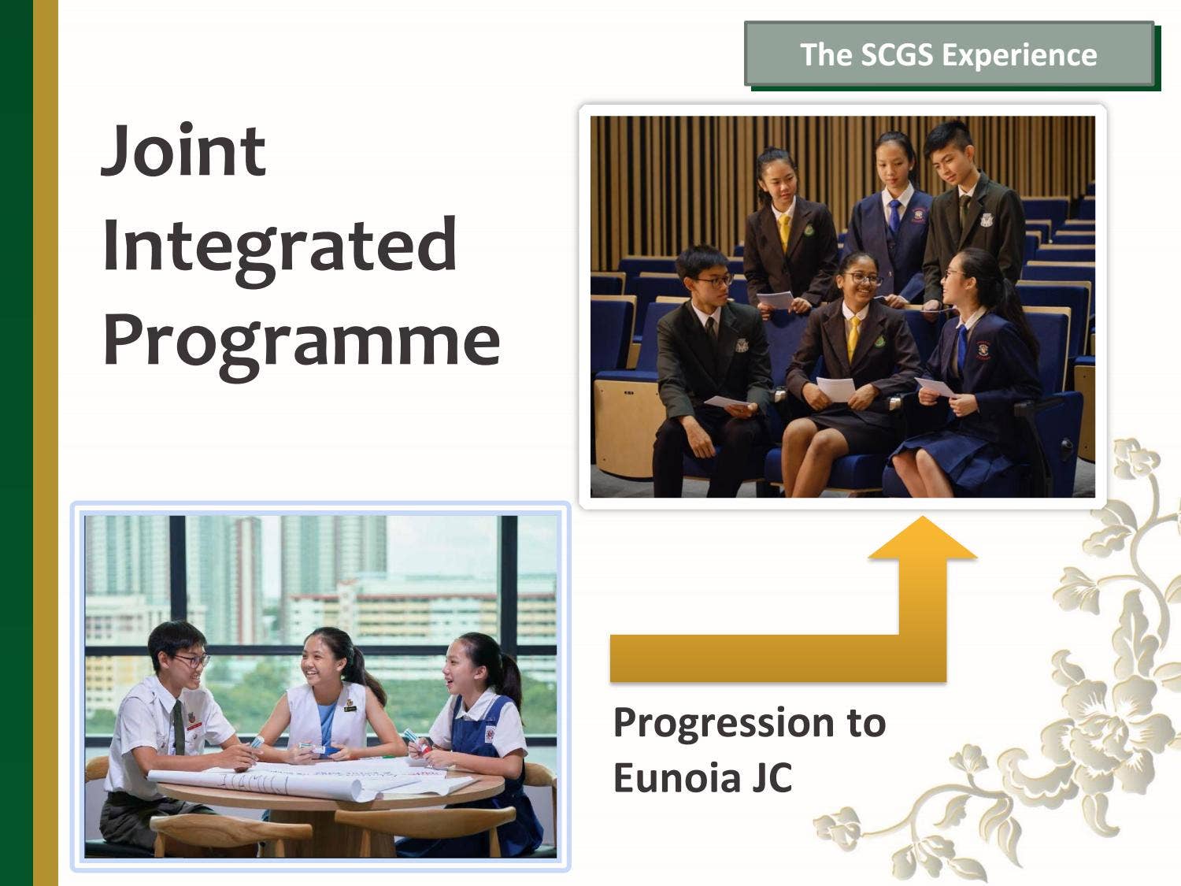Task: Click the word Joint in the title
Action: click(x=183, y=150)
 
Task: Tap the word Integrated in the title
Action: click(x=279, y=245)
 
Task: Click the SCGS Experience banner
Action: click(x=949, y=54)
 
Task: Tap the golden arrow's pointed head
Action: click(x=922, y=538)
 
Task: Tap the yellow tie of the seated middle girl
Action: click(x=853, y=335)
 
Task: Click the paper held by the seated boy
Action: click(x=729, y=401)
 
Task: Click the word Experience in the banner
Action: click(x=1020, y=54)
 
